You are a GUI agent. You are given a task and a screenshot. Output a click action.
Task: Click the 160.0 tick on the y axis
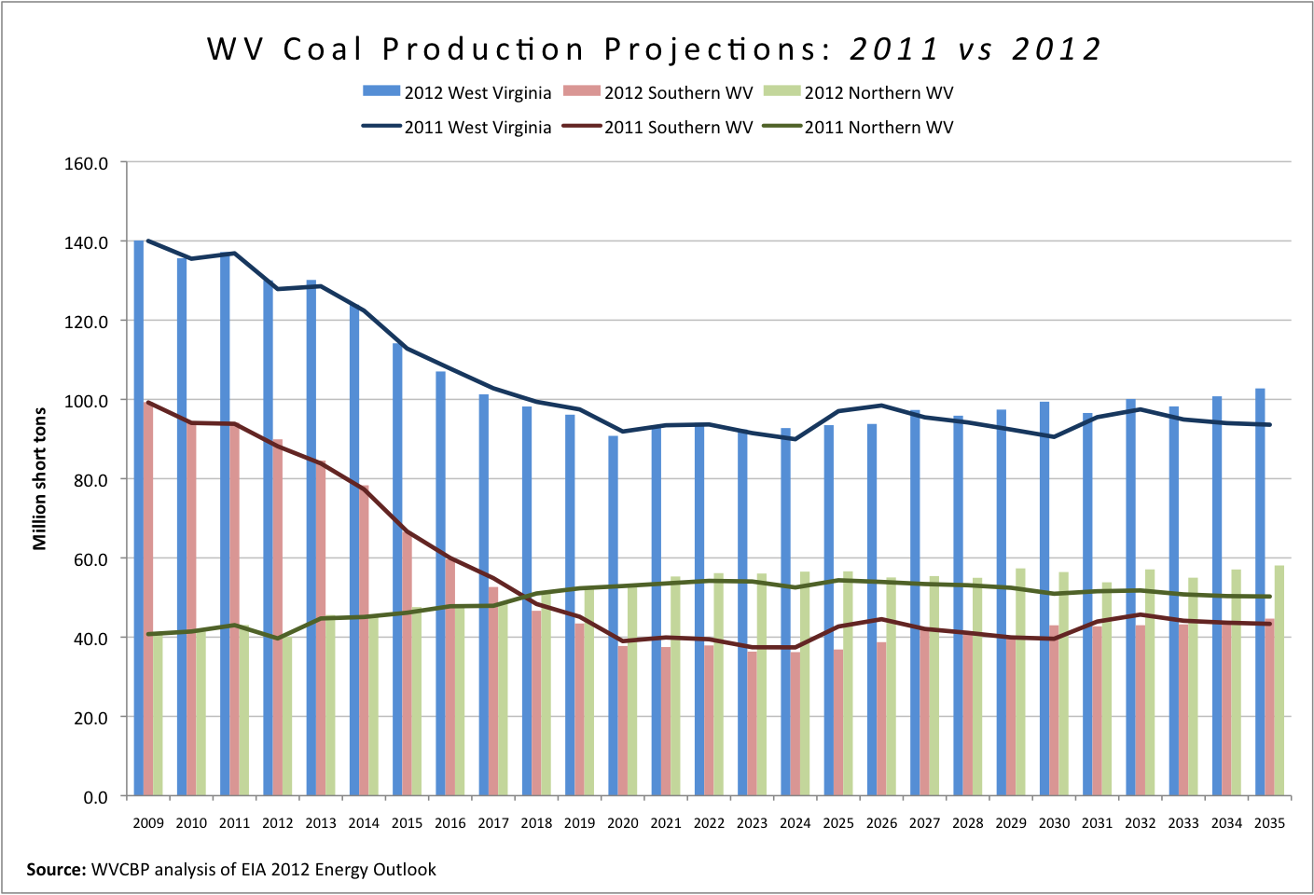87,163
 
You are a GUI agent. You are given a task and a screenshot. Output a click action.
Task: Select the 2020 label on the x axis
623,823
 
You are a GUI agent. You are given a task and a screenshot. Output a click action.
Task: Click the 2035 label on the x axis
1269,823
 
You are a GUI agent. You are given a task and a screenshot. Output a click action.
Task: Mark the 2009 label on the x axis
148,823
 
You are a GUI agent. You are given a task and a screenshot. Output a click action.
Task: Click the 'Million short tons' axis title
40,478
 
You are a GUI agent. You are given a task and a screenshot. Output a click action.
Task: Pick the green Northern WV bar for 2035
1279,681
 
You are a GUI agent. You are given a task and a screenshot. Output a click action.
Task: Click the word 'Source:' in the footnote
56,870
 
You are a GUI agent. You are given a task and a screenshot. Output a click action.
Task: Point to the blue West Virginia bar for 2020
613,615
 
